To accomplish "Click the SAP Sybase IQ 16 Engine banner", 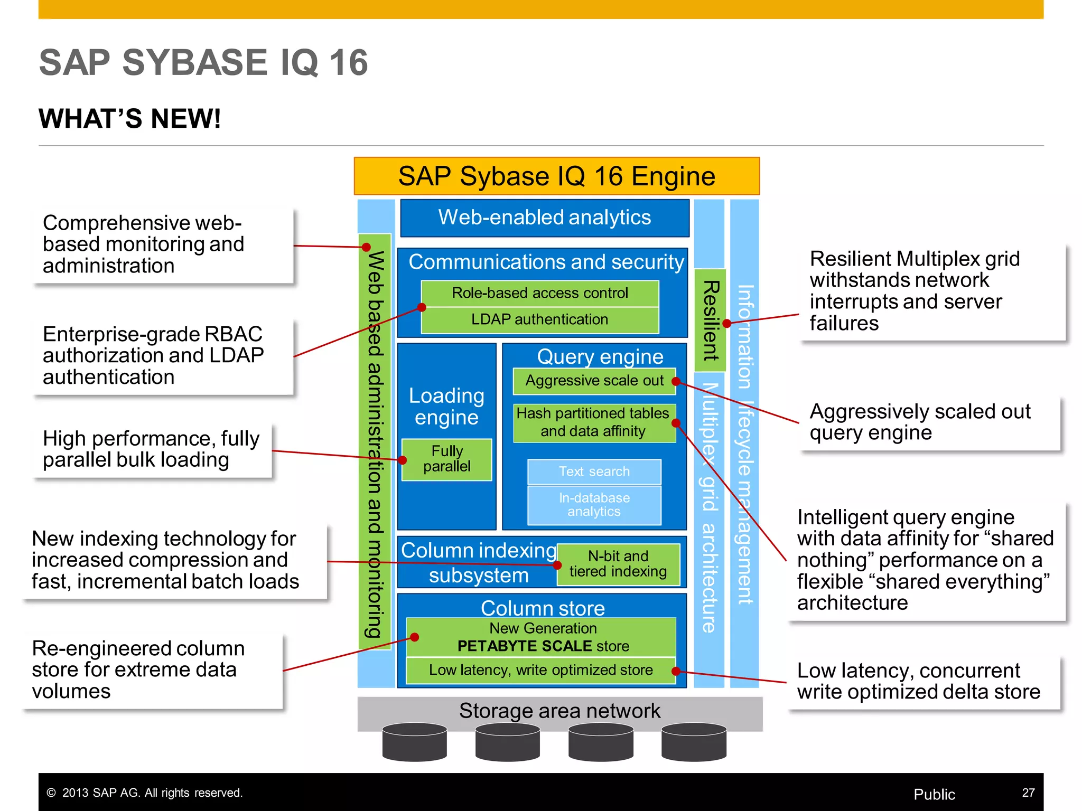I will click(556, 176).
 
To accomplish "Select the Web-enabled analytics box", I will click(545, 218).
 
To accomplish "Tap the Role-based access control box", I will click(539, 293).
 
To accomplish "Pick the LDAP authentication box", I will click(539, 320).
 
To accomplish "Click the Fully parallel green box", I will click(446, 459).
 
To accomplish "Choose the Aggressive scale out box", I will click(594, 381).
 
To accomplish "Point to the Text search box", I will click(594, 471).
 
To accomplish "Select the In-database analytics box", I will click(594, 505).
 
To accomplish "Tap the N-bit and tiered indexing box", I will click(618, 564).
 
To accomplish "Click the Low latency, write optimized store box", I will click(540, 671).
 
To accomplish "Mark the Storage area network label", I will click(559, 711).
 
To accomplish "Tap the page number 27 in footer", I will click(1028, 793).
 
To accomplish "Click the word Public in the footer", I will click(934, 794).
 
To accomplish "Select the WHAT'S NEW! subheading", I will click(129, 118).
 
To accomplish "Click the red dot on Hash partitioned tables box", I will click(676, 423).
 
